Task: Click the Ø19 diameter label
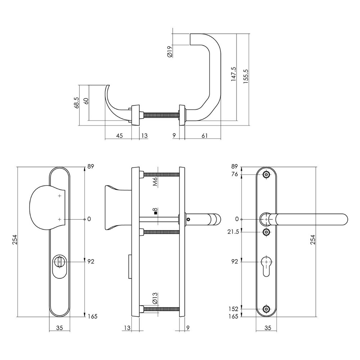170,51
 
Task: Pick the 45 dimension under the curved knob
120,136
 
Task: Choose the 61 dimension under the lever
204,136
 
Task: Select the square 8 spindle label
155,211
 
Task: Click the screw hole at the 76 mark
266,175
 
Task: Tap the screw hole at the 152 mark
266,309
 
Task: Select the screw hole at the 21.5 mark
266,232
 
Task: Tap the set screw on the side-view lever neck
188,219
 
